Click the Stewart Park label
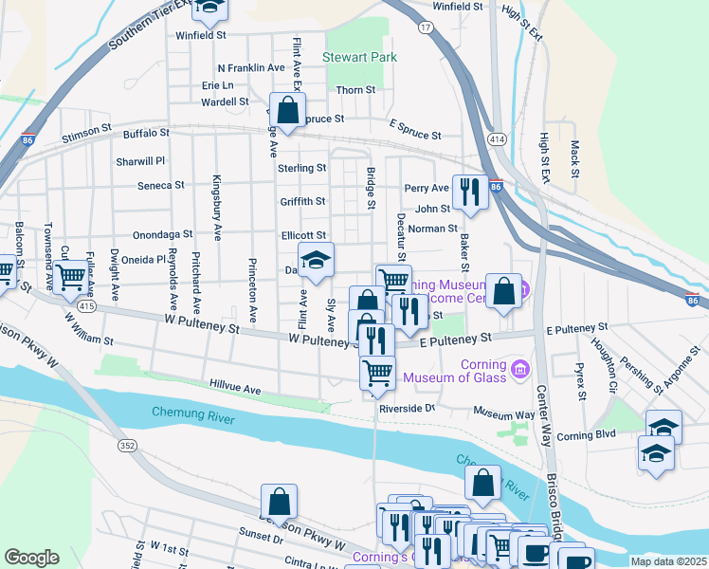[x=359, y=58]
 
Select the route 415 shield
[x=87, y=306]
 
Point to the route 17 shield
[x=427, y=28]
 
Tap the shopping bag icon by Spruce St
[x=287, y=110]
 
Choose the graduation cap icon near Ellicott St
[x=317, y=259]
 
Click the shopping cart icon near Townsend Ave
[x=70, y=278]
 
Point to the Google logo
[x=31, y=558]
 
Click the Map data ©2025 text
[x=668, y=561]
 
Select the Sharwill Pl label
[x=141, y=162]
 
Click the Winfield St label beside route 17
[x=458, y=7]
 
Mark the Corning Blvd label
[x=587, y=434]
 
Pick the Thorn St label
[x=355, y=90]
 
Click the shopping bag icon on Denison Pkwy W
[x=280, y=501]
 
